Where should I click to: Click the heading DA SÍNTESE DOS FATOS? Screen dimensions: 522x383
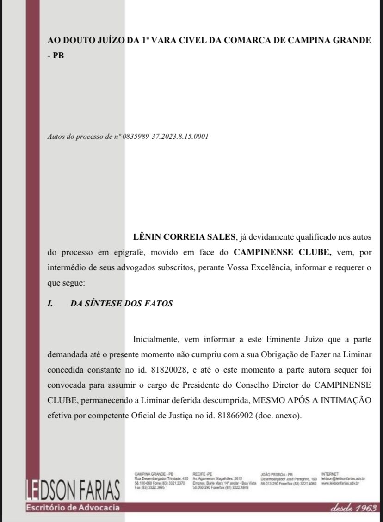point(122,304)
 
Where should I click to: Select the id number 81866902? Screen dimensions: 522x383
point(231,415)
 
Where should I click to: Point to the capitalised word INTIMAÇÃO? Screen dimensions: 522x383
point(341,400)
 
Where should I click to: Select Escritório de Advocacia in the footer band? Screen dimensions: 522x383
point(73,508)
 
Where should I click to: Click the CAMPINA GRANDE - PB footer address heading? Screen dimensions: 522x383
point(154,474)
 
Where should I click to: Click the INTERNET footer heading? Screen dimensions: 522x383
point(329,474)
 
